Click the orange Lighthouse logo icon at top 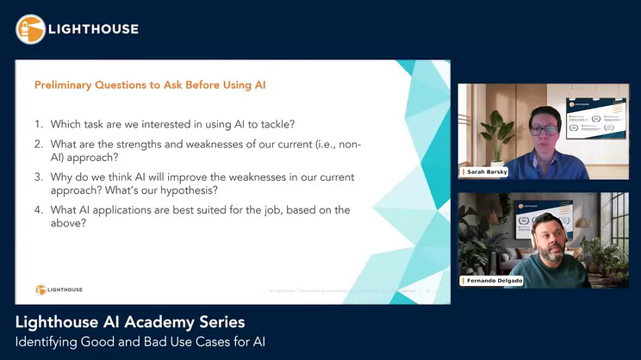[30, 29]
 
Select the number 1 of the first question [39, 123]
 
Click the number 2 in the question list [39, 144]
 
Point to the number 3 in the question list [39, 177]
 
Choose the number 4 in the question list [39, 209]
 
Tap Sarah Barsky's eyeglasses [542, 128]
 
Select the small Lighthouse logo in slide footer [59, 289]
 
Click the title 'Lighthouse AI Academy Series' [130, 322]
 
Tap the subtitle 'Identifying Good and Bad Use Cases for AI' [140, 342]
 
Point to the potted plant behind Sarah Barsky [498, 129]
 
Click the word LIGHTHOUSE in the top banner [93, 29]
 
